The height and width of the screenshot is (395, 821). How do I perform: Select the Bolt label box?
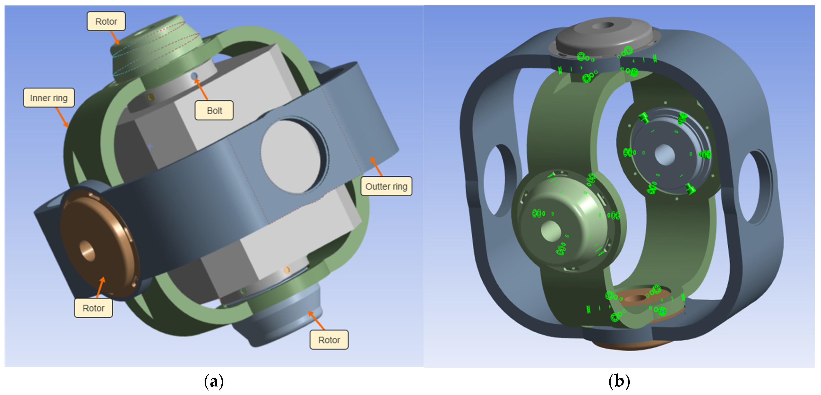point(214,110)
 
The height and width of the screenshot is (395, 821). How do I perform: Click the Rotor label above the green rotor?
point(106,21)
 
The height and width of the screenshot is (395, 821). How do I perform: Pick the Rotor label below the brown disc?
point(93,308)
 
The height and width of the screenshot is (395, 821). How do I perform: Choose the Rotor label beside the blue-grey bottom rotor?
point(329,340)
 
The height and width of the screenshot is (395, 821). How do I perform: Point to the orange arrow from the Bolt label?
point(201,89)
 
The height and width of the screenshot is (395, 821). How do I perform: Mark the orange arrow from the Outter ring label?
point(376,166)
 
